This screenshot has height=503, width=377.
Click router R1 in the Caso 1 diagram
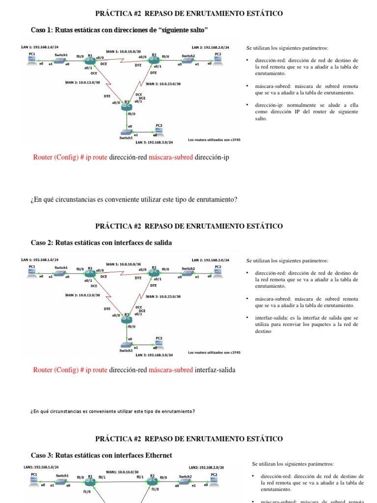point(89,61)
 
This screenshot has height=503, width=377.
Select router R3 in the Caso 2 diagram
point(127,319)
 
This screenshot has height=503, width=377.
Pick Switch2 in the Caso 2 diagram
point(188,274)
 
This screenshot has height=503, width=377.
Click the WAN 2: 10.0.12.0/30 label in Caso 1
point(82,83)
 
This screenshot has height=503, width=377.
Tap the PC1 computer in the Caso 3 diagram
point(34,481)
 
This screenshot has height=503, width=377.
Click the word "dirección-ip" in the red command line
point(212,157)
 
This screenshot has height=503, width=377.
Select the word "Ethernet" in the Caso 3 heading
point(156,455)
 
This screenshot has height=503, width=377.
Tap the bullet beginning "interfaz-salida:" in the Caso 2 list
point(306,324)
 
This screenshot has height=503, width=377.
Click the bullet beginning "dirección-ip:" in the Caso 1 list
point(306,112)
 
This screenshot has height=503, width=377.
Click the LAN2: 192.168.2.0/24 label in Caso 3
point(206,467)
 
